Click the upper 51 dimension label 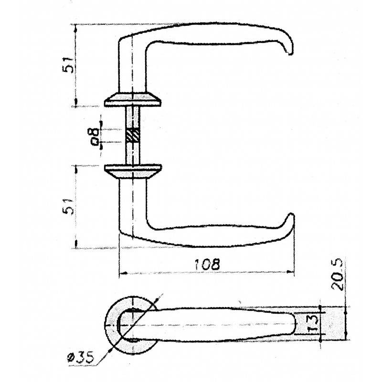coord(68,65)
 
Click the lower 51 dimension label coord(68,207)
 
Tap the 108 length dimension coord(207,264)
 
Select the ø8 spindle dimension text coord(95,137)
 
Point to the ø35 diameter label coord(80,357)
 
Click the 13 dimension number coord(313,324)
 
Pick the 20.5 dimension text coord(337,275)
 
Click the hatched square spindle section coord(133,135)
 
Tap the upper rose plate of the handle coord(133,99)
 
